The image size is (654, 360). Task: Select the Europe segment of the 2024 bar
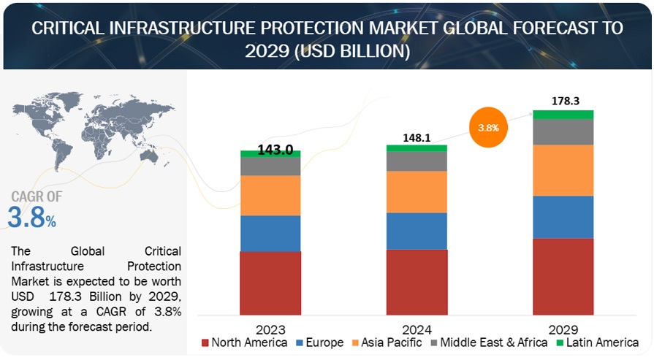417,231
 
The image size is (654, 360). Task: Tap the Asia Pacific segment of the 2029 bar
563,170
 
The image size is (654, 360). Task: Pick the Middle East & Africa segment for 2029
563,131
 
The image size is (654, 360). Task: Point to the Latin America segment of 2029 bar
563,115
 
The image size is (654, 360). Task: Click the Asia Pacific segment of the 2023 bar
270,195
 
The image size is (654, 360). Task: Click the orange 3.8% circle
488,127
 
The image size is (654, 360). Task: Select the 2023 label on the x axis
270,329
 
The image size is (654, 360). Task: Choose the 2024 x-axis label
417,329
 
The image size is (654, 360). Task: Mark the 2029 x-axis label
563,329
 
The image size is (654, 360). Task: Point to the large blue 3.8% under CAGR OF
31,218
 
